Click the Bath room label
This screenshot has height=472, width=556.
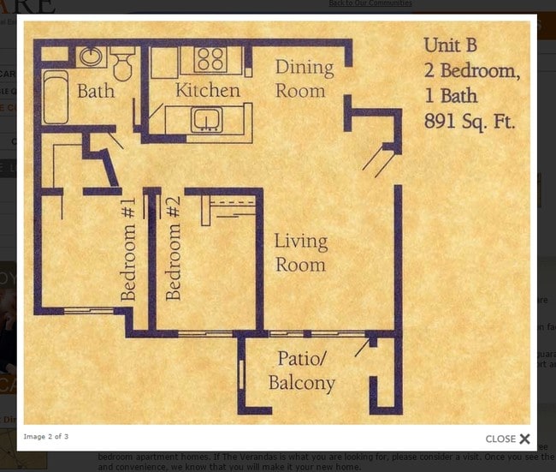pyautogui.click(x=96, y=90)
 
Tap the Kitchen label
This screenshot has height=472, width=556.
pyautogui.click(x=207, y=90)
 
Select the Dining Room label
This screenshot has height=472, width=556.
pyautogui.click(x=304, y=79)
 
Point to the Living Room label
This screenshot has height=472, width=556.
pyautogui.click(x=300, y=253)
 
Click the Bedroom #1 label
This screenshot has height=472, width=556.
pyautogui.click(x=128, y=248)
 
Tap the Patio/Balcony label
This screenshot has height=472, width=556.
pyautogui.click(x=302, y=370)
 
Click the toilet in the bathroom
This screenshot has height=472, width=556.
pyautogui.click(x=122, y=64)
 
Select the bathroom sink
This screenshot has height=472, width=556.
pyautogui.click(x=91, y=57)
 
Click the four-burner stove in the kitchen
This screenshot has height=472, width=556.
pyautogui.click(x=209, y=59)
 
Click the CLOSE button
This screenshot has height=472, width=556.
pyautogui.click(x=508, y=439)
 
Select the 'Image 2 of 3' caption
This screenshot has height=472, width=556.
pyautogui.click(x=46, y=437)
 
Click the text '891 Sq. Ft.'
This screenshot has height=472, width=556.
pyautogui.click(x=470, y=122)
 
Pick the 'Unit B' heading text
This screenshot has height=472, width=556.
pyautogui.click(x=449, y=45)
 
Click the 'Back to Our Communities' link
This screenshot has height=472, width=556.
pyautogui.click(x=370, y=3)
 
